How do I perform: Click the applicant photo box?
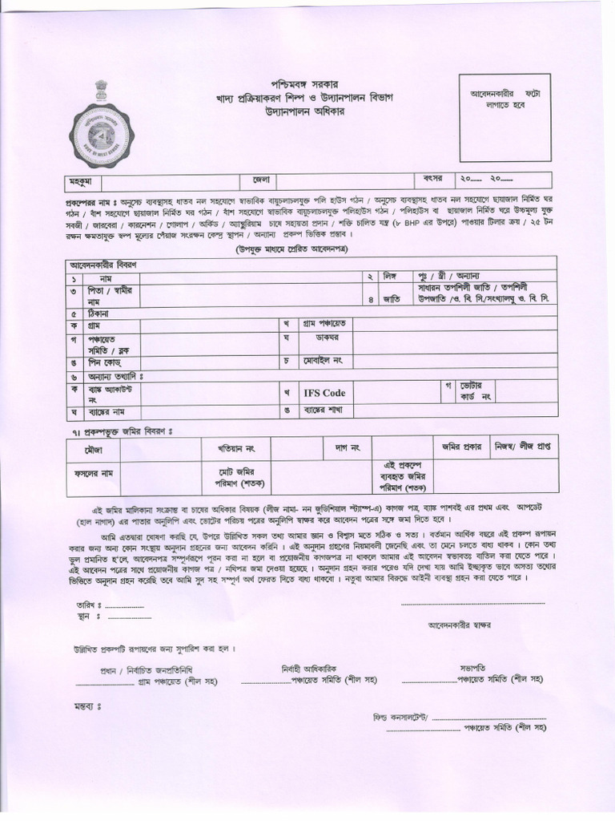pos(504,117)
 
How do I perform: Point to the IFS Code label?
pos(324,393)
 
